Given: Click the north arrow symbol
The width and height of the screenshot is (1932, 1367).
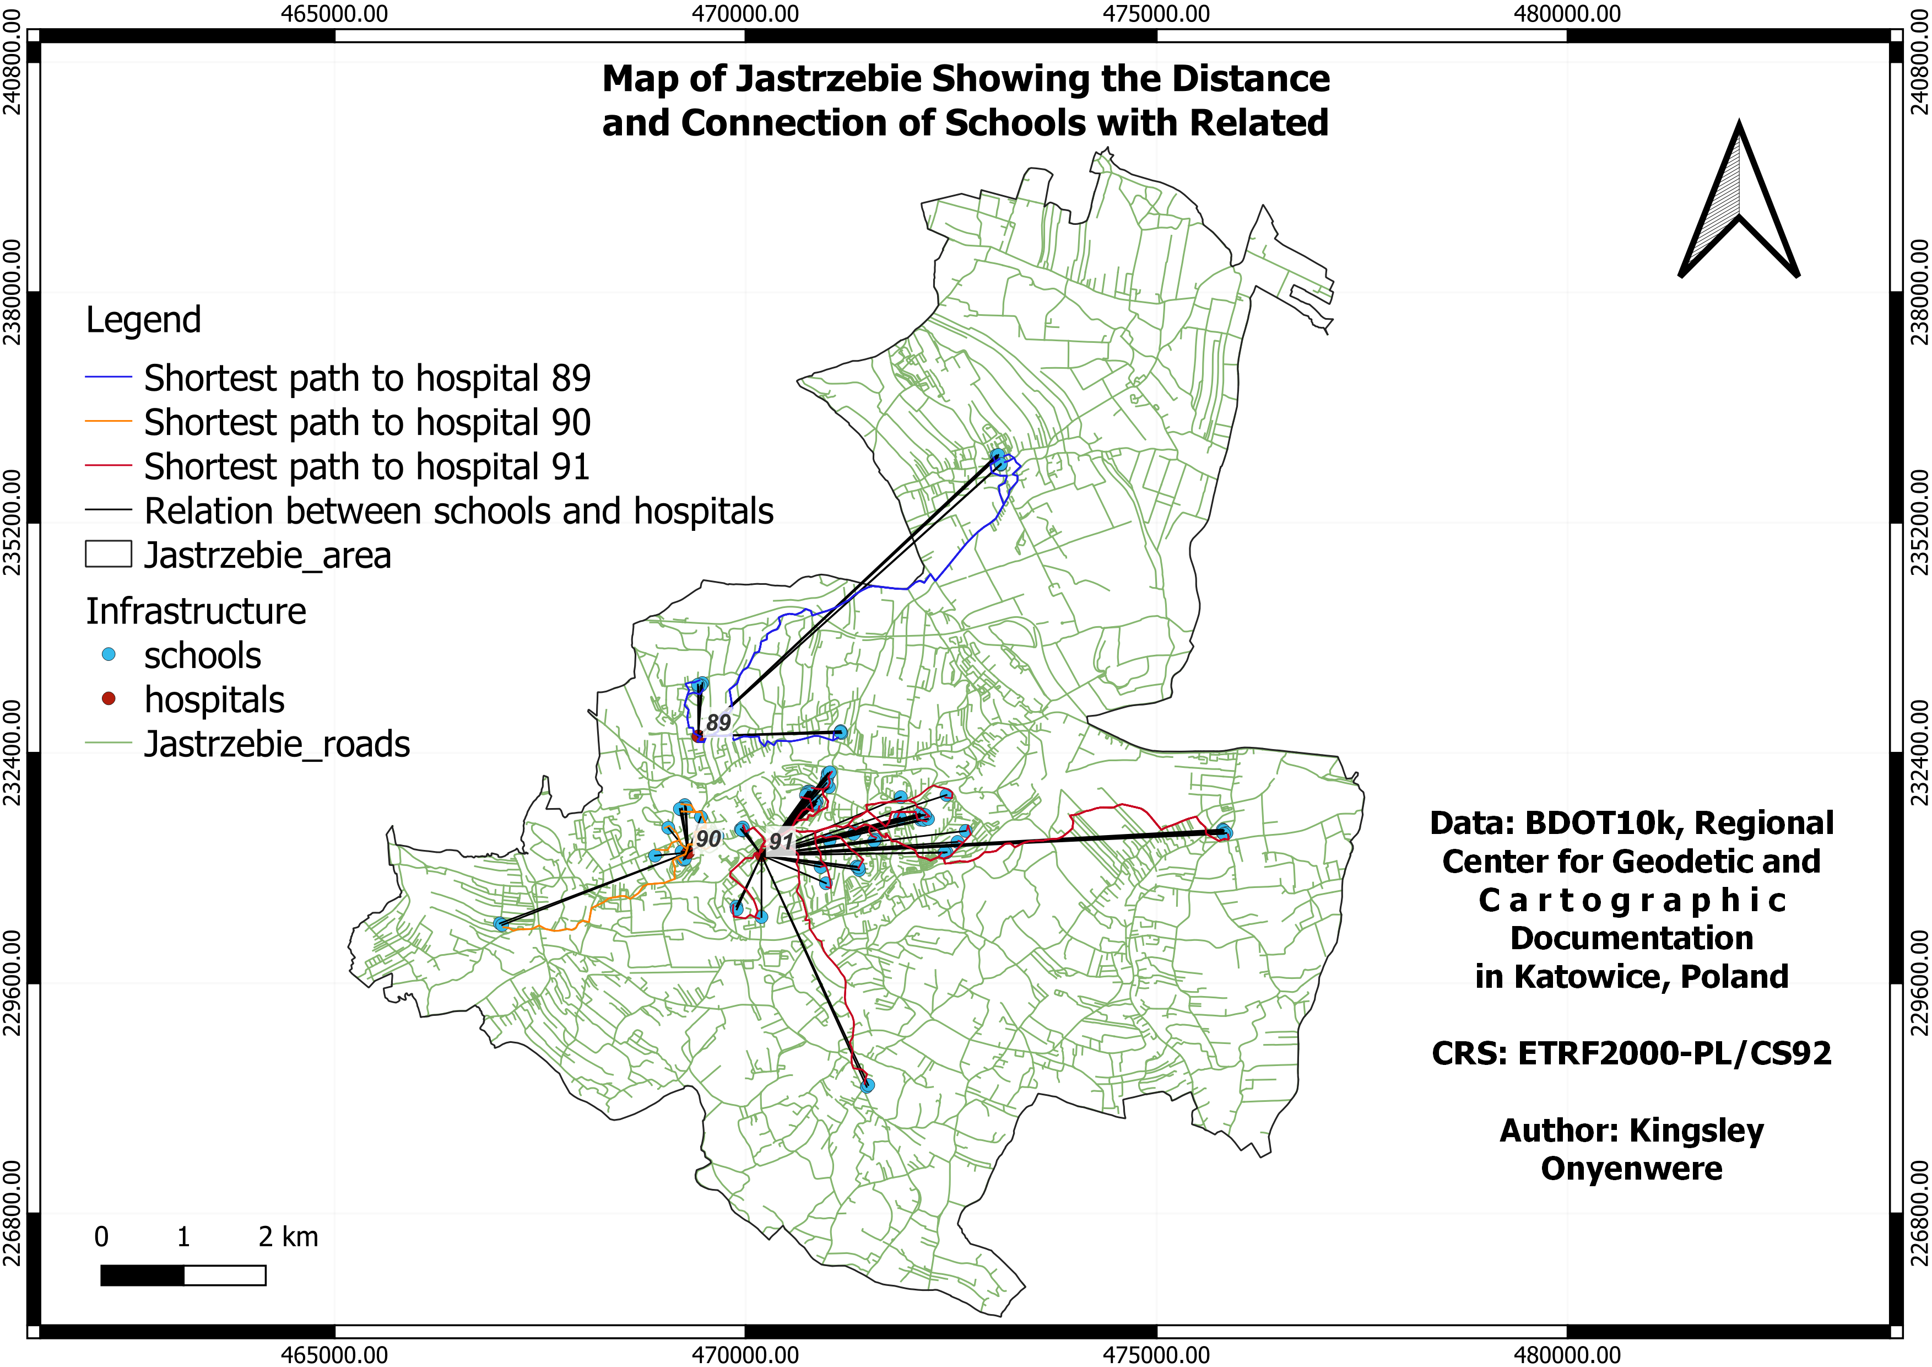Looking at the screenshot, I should tap(1739, 202).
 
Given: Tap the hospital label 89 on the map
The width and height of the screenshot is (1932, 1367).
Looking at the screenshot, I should tap(718, 722).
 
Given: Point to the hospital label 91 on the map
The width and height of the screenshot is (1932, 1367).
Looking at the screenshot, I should tap(781, 841).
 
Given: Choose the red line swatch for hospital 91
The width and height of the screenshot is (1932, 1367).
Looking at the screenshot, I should tap(109, 465).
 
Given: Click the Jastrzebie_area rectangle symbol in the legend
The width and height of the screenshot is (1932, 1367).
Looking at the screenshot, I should tap(109, 554).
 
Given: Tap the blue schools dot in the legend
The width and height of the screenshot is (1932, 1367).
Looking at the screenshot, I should tap(109, 654).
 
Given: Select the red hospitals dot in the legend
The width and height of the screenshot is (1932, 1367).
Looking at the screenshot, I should tap(109, 698).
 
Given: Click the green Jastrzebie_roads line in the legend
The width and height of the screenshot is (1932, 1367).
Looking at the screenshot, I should tap(109, 743).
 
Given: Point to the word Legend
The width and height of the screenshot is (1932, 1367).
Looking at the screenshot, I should tap(143, 320).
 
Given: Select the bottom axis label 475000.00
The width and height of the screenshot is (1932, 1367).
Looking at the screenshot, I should tap(1156, 1354).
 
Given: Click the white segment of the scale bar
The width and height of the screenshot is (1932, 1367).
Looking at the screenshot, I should tap(225, 1275).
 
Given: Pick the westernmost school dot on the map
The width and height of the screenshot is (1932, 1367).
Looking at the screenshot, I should tap(501, 924).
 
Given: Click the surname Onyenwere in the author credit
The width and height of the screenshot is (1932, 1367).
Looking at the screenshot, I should tap(1632, 1169).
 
